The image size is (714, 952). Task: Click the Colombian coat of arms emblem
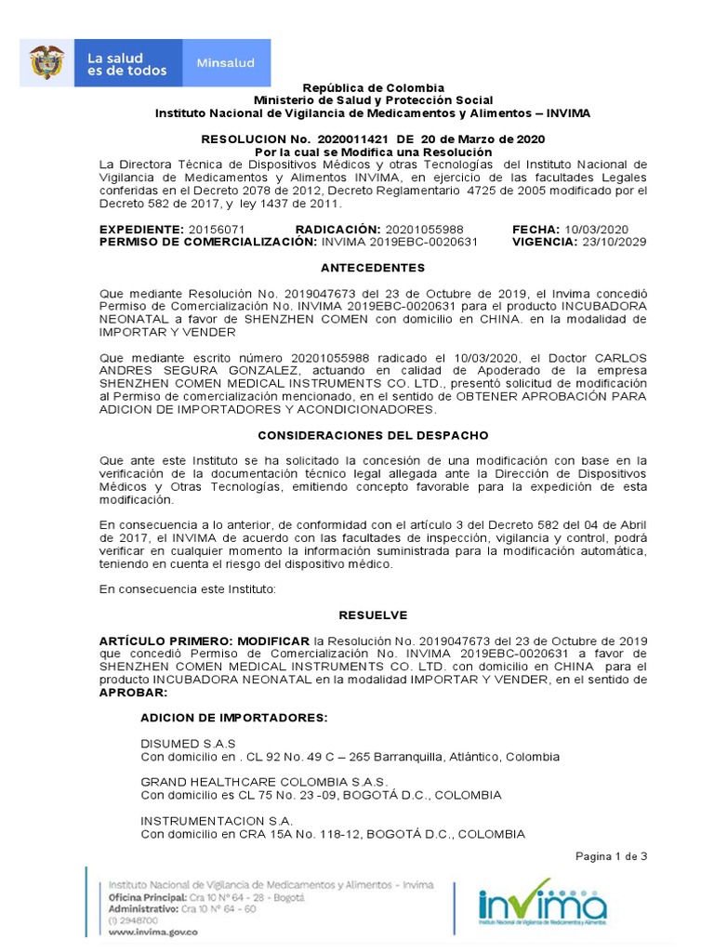46,63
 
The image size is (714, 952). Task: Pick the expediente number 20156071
217,230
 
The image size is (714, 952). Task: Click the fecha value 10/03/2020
596,230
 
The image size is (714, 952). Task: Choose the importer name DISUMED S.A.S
188,744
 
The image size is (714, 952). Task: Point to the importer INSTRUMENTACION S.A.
217,821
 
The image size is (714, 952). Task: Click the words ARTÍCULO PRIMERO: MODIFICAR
205,641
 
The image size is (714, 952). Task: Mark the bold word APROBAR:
134,693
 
